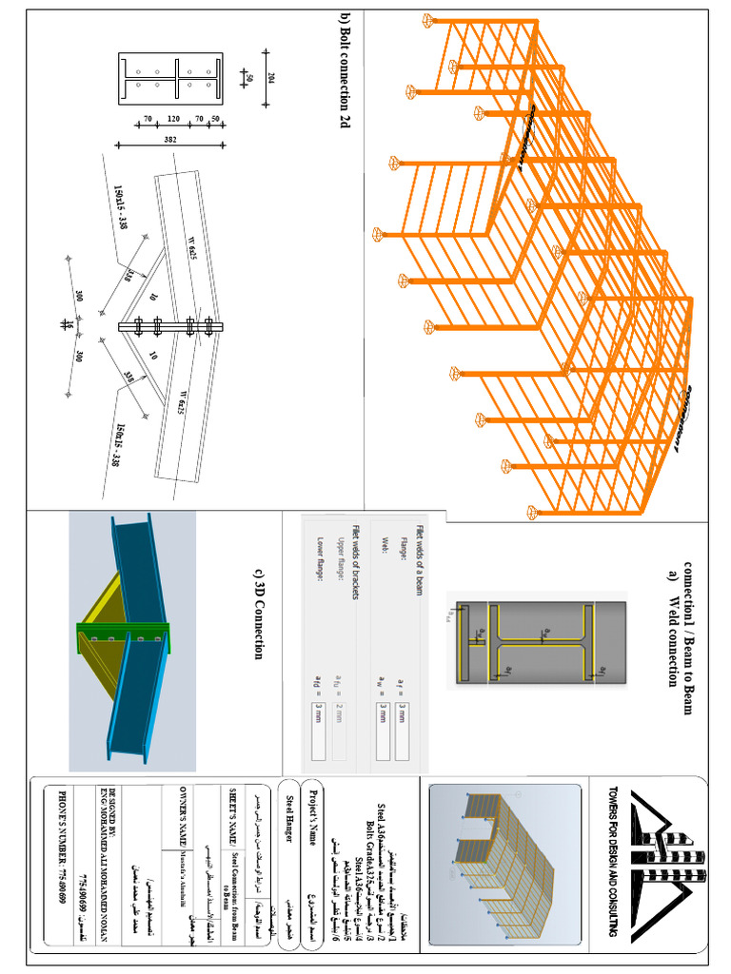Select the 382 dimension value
click(170, 140)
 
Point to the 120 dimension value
click(172, 120)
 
